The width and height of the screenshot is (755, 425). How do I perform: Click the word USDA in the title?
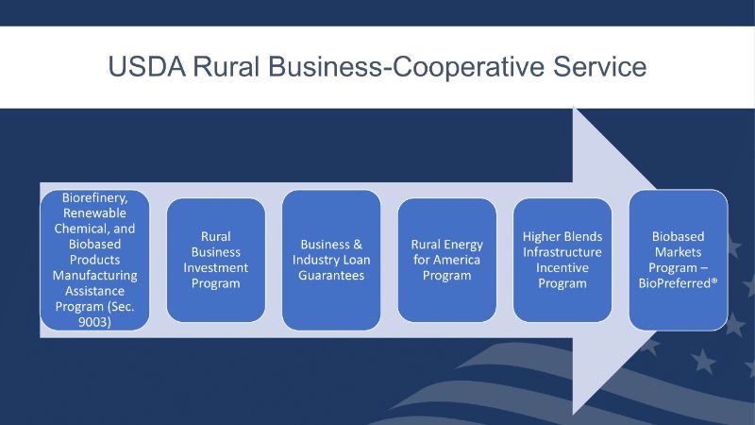coord(147,66)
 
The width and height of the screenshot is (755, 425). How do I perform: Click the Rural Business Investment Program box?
coord(216,260)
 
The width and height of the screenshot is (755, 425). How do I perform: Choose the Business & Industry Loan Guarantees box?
coord(331,260)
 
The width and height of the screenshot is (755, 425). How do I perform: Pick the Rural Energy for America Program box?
coord(446,260)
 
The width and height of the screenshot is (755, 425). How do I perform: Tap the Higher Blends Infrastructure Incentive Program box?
coord(562,260)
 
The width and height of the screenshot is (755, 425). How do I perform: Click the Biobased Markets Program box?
coord(678,260)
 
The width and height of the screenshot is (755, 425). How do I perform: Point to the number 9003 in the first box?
coord(94,322)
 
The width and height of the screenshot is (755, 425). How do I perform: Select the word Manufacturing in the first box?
coord(95,276)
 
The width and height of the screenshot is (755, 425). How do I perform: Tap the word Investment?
coord(216,267)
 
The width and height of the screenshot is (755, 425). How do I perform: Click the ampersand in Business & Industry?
coord(358,245)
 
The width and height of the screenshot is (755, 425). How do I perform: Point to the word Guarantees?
coord(331,275)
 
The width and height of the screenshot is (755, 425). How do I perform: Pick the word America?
coord(457,260)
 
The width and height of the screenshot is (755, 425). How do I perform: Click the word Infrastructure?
coord(562,252)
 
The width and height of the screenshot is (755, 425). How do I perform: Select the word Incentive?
coord(562,267)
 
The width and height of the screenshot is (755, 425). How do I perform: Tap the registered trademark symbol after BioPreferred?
coord(714,280)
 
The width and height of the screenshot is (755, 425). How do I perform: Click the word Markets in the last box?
coord(678,252)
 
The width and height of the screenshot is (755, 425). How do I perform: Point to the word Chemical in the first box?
coord(81,229)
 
